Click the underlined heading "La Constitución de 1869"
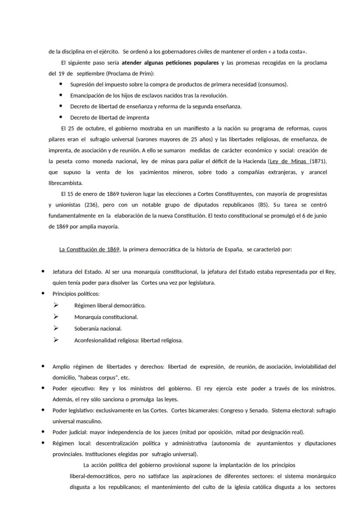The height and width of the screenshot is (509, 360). [x=90, y=250]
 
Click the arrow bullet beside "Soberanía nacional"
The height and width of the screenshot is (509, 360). [x=56, y=328]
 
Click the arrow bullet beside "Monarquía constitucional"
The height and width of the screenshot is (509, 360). [x=56, y=317]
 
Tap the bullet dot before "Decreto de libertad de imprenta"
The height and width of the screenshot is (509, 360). [x=60, y=117]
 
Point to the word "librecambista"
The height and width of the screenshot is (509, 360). [x=65, y=183]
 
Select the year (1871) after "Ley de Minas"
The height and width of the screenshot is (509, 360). [x=319, y=161]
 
